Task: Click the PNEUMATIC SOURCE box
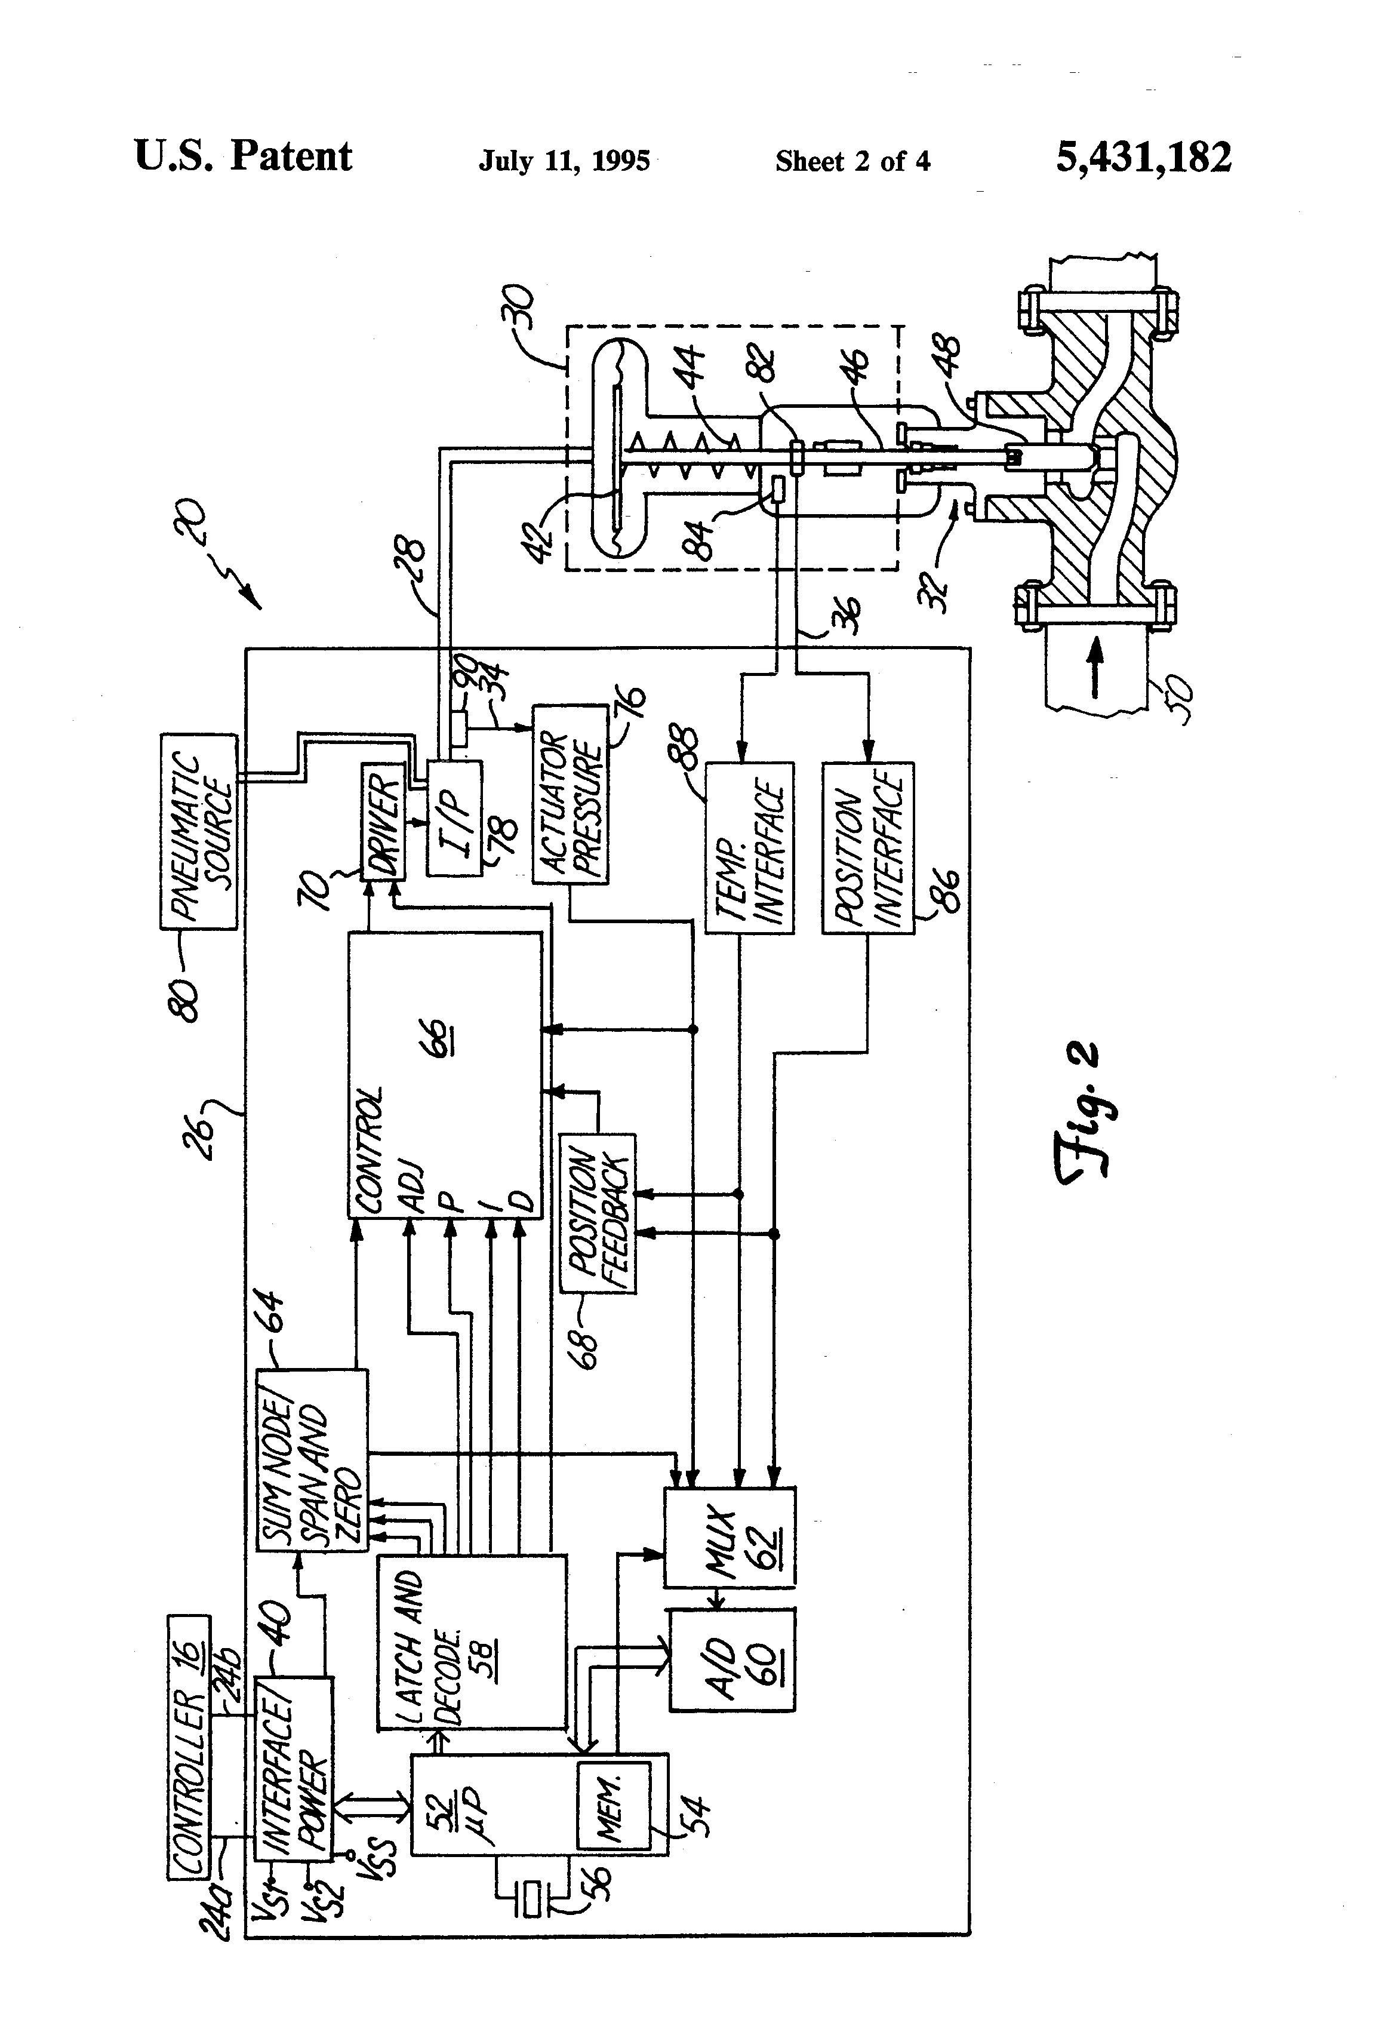(x=199, y=832)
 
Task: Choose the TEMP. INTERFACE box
(x=749, y=848)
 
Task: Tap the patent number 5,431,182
(x=1143, y=158)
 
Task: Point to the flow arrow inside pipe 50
(x=1094, y=678)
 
